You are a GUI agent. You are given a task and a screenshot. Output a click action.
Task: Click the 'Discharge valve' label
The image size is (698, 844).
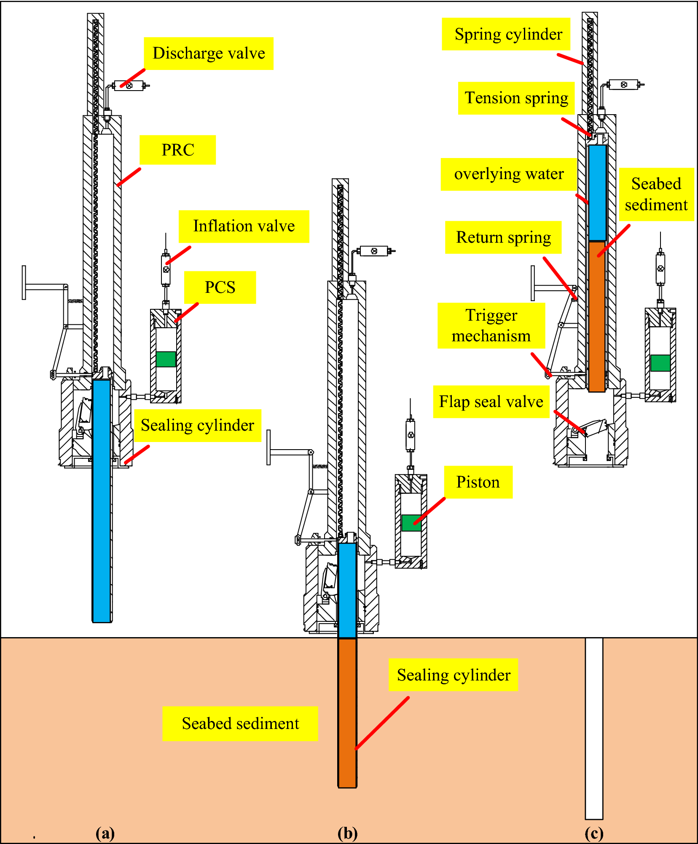[x=209, y=54]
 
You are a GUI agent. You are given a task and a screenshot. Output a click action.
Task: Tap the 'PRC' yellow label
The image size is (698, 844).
[x=177, y=150]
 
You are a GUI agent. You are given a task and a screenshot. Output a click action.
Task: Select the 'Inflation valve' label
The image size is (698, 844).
[x=244, y=226]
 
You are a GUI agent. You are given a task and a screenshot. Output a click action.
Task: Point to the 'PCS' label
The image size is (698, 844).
[x=220, y=287]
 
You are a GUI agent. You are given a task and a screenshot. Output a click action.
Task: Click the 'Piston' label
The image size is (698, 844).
[x=478, y=482]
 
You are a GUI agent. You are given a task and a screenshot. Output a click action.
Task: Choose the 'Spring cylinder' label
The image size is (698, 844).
[x=508, y=34]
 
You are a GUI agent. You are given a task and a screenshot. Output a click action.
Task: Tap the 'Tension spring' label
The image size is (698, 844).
[x=516, y=98]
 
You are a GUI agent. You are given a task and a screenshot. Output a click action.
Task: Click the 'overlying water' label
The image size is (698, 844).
[x=509, y=174]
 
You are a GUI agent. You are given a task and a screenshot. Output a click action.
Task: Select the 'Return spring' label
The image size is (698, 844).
[x=503, y=237]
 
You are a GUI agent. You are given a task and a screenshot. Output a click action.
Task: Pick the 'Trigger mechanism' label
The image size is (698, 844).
[x=491, y=326]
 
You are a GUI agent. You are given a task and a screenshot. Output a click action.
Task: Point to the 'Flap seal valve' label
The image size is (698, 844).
[x=491, y=402]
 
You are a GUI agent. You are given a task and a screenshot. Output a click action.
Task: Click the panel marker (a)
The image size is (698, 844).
[x=105, y=833]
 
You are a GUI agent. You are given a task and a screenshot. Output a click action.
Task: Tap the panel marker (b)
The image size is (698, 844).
[x=347, y=833]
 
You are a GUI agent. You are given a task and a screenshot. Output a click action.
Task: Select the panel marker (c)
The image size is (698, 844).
[x=594, y=833]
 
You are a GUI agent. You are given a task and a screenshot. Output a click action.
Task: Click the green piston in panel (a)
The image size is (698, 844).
[x=166, y=359]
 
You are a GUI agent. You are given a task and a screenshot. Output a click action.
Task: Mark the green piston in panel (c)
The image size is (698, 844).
[x=660, y=363]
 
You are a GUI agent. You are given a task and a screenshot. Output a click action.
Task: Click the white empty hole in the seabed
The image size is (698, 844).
[x=594, y=729]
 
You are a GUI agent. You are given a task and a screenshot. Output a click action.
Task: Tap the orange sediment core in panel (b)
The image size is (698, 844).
[x=347, y=712]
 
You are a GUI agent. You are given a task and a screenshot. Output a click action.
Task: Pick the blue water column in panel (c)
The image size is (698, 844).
[x=597, y=193]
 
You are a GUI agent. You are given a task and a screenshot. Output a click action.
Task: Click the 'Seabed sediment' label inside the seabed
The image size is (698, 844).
[x=240, y=723]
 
